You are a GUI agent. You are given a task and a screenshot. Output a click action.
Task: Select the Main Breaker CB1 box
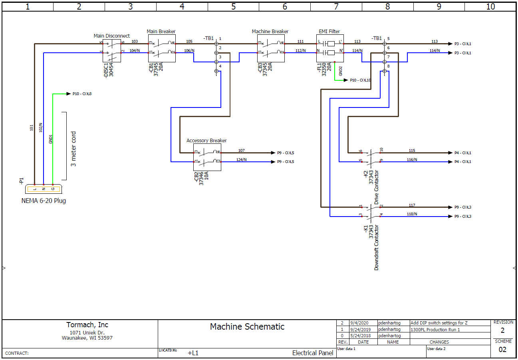click(x=162, y=48)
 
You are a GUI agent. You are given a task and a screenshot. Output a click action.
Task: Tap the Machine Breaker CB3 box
click(x=270, y=48)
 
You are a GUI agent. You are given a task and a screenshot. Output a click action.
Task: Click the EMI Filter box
click(x=330, y=48)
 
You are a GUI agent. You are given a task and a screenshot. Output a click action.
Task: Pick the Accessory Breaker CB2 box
click(x=207, y=157)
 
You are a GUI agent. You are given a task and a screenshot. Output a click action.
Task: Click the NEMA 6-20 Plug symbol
click(x=43, y=189)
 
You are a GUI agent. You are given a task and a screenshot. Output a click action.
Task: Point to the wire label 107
click(x=241, y=151)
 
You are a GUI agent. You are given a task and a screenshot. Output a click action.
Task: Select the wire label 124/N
click(x=241, y=160)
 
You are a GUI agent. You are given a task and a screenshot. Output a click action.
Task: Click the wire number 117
click(x=412, y=205)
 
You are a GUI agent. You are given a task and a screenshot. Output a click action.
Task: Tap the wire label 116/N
click(x=412, y=160)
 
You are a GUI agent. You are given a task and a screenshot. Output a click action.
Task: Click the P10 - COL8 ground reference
click(x=82, y=94)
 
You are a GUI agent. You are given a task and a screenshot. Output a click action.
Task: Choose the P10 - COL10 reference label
click(x=360, y=80)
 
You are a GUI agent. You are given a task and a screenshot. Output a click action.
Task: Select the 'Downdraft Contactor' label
click(x=376, y=248)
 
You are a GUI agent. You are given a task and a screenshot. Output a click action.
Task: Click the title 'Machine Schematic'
click(x=247, y=326)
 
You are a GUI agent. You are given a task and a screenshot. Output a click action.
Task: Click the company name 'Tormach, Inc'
click(x=87, y=325)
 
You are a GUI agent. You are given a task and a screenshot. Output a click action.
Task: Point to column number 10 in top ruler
click(x=490, y=6)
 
